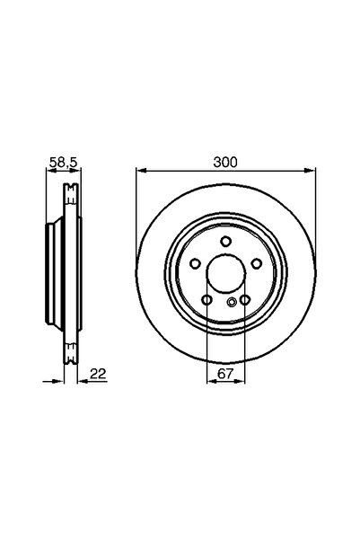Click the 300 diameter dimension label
point(225,162)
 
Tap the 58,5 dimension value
point(64,162)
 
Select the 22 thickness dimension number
point(98,373)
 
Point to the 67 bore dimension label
point(225,373)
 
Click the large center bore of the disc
point(225,273)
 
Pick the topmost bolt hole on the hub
point(225,241)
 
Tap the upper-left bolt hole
point(195,264)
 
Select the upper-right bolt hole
point(257,264)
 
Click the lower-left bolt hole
point(206,300)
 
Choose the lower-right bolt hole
point(245,300)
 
